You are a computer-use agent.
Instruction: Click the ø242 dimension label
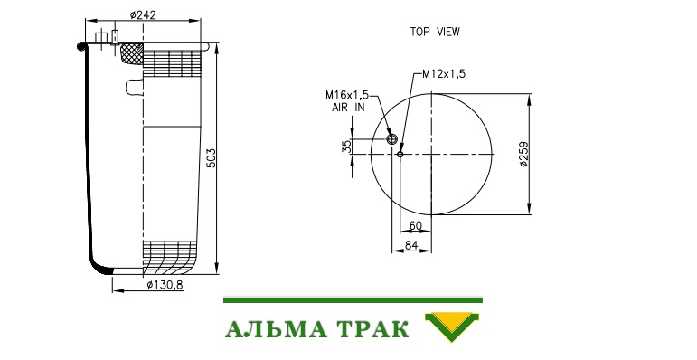click(x=143, y=15)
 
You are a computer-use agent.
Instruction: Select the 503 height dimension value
click(x=212, y=158)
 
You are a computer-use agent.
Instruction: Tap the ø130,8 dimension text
click(x=165, y=285)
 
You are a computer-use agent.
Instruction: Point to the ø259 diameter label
click(x=524, y=154)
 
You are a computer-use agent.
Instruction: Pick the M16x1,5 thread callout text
click(x=347, y=95)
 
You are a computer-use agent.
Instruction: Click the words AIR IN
click(x=348, y=108)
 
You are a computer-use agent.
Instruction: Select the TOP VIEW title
click(x=435, y=32)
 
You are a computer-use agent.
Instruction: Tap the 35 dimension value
click(x=347, y=146)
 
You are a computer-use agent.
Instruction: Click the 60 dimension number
click(x=415, y=226)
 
